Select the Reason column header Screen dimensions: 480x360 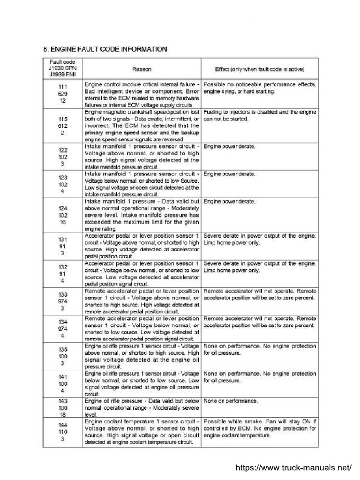point(142,69)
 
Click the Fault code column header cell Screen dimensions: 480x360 point(62,69)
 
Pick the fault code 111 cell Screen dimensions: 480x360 point(62,94)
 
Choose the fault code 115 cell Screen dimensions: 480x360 point(62,126)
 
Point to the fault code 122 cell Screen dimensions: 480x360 point(62,157)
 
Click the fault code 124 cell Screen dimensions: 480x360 point(62,215)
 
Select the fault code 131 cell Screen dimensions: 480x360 point(62,246)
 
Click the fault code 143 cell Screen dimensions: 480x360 point(62,408)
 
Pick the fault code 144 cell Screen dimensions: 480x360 point(62,432)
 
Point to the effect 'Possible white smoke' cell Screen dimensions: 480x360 point(260,429)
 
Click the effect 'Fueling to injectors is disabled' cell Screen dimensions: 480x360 point(260,116)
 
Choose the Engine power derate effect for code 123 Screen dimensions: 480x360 point(229,174)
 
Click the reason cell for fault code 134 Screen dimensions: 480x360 point(142,328)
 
